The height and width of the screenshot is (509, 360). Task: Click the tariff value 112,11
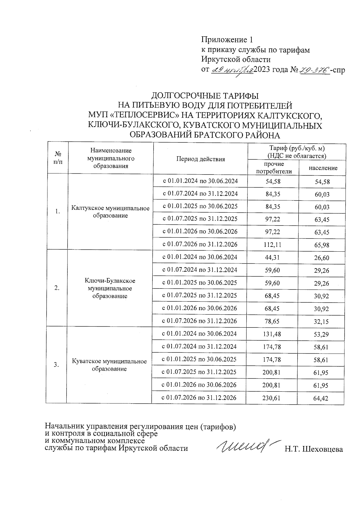[273, 245]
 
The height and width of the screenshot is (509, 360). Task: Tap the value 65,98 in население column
[322, 245]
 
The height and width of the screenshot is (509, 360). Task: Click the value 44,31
[272, 257]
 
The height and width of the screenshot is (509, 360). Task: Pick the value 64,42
[321, 398]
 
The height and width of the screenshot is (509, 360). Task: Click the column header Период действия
[200, 159]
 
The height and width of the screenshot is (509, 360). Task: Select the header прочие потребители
[273, 168]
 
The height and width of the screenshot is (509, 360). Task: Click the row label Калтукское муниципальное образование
[110, 212]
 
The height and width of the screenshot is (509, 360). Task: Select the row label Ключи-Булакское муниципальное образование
[110, 288]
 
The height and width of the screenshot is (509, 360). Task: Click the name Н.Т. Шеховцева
[313, 449]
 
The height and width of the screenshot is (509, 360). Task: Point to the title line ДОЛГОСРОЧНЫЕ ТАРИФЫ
[205, 96]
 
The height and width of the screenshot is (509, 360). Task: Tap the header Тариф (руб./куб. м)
[297, 148]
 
